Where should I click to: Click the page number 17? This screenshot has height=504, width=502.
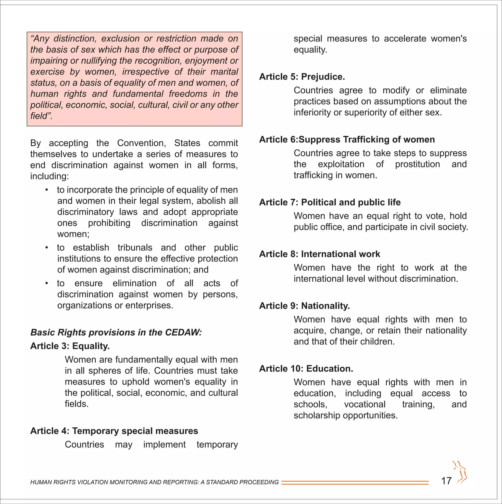(x=446, y=480)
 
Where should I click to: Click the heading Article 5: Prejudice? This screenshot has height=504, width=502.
(x=302, y=77)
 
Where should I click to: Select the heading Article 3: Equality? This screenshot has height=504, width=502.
(x=70, y=346)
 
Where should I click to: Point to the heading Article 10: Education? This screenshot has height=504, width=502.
(x=306, y=369)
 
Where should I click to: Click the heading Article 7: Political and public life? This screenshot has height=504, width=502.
(x=330, y=202)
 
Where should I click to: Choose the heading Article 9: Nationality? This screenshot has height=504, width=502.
(x=304, y=306)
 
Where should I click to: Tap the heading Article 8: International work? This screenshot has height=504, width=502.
(x=319, y=254)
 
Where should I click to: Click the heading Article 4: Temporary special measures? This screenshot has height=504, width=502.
(x=114, y=431)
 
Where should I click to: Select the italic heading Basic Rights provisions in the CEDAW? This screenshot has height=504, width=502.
(x=116, y=332)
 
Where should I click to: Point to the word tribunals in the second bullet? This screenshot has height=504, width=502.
(x=135, y=247)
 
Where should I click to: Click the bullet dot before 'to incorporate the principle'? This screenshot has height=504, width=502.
(x=46, y=190)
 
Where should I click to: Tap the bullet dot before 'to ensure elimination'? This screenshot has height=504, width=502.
(x=46, y=283)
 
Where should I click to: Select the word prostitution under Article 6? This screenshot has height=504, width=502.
(x=417, y=164)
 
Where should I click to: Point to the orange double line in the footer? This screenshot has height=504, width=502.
(x=355, y=483)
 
